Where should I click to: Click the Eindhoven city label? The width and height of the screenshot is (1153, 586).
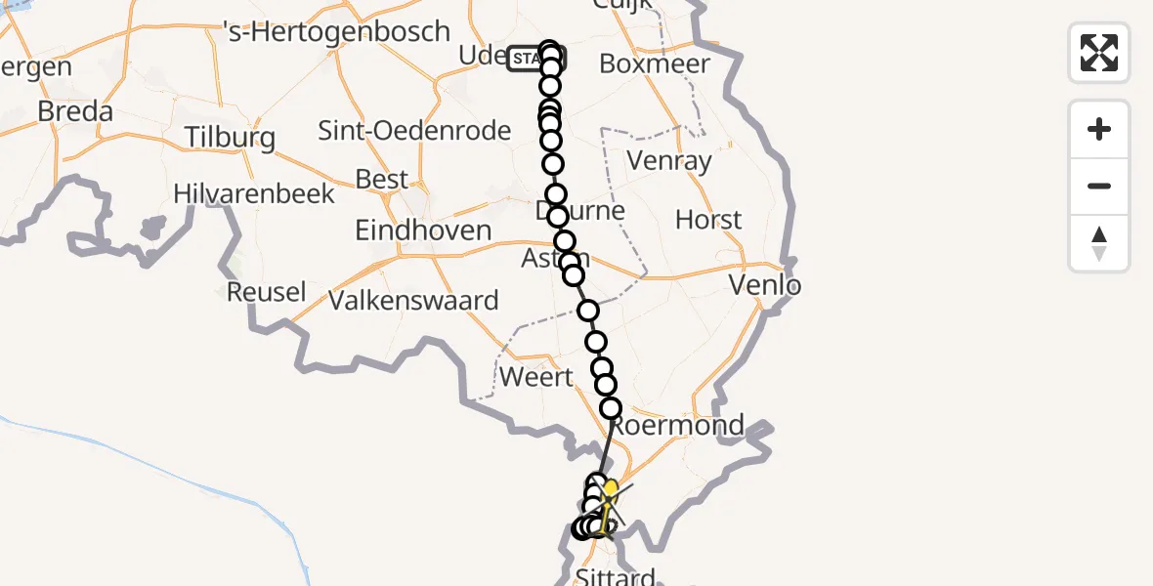point(423,230)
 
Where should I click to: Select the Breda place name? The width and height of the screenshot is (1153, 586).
point(75,111)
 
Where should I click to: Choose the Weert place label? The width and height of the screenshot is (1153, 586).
point(535,377)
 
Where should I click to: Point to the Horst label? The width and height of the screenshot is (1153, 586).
point(708,220)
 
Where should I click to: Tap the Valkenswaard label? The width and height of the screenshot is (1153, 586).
point(413,300)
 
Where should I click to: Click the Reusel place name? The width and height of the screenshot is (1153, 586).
point(266,291)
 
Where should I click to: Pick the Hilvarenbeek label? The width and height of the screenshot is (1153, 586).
point(254,193)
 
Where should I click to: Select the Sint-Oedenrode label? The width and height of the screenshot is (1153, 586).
point(415,130)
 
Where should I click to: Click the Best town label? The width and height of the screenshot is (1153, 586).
point(383,180)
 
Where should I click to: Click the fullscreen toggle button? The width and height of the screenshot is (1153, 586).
point(1099,53)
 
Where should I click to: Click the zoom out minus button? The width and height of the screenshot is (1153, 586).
point(1099,186)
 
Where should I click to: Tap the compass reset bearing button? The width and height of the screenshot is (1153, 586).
point(1099,243)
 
